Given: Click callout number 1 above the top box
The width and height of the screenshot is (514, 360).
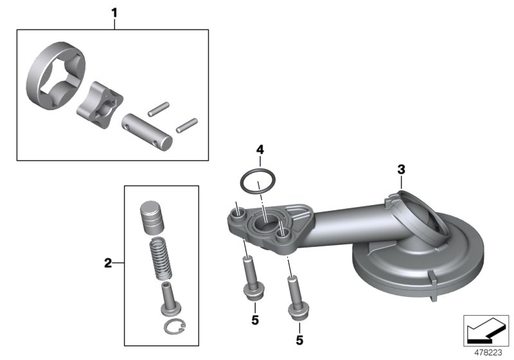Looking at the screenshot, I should point(114,12).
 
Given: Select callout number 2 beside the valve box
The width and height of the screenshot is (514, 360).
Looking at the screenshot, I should point(108,262).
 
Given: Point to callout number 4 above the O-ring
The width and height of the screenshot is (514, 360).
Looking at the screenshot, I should point(260,150).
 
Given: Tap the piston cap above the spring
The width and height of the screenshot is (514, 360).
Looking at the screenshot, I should point(153,217).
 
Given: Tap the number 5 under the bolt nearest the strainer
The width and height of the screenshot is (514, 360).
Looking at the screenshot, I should point(299,339).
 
